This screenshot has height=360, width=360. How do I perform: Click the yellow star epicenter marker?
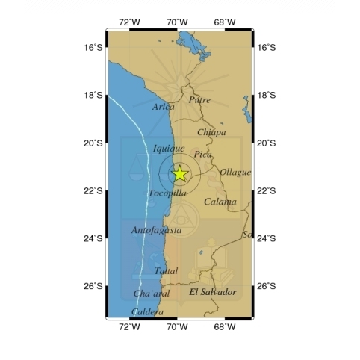(x=180, y=174)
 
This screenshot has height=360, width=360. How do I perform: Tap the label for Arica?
(x=164, y=108)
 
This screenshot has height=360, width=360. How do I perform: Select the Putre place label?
(x=199, y=99)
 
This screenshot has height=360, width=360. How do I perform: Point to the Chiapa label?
(x=211, y=132)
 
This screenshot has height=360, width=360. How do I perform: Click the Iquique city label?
(x=168, y=149)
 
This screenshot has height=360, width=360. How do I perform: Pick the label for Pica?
(x=203, y=155)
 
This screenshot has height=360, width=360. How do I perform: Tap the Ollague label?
(x=235, y=173)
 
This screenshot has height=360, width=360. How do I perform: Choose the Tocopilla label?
(x=167, y=193)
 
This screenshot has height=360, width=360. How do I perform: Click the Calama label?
(x=220, y=202)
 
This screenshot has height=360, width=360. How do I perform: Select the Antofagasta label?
(x=156, y=230)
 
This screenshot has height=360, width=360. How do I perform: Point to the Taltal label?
(x=166, y=271)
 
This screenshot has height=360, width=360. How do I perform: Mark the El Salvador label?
(x=213, y=291)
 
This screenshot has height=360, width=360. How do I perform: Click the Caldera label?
(x=147, y=312)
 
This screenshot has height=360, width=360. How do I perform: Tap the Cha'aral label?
(x=152, y=294)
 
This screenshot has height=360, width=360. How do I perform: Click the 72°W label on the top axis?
(x=130, y=22)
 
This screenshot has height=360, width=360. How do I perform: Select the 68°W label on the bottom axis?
(x=225, y=327)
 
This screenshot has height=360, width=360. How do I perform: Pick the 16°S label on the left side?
(x=93, y=47)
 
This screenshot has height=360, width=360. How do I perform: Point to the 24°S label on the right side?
(x=267, y=238)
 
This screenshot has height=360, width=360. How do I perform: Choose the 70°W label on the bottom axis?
(x=177, y=327)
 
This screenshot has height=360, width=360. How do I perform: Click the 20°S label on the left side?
(x=93, y=143)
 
